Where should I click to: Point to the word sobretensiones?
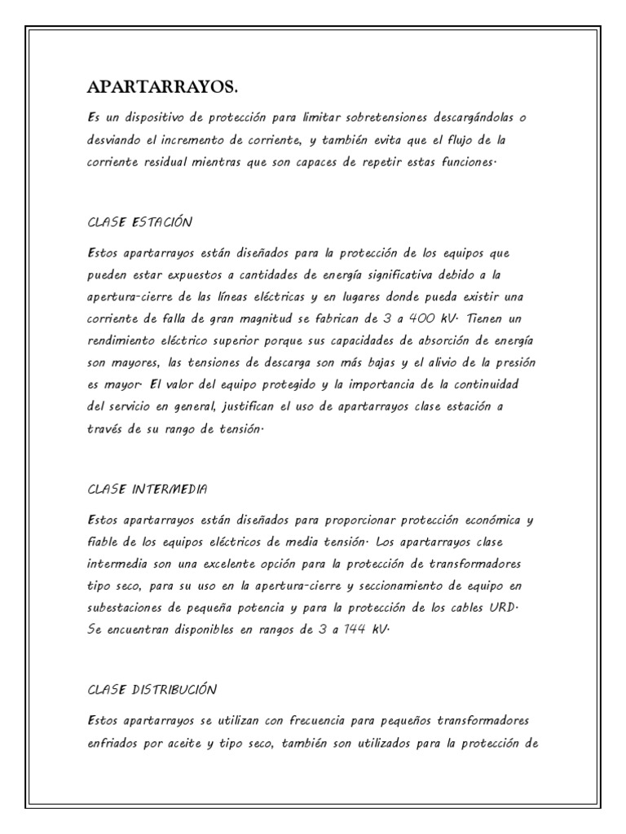pyautogui.click(x=384, y=117)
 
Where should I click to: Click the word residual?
pyautogui.click(x=162, y=162)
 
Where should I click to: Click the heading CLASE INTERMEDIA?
pyautogui.click(x=148, y=489)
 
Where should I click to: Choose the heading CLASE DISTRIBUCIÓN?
pyautogui.click(x=152, y=690)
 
